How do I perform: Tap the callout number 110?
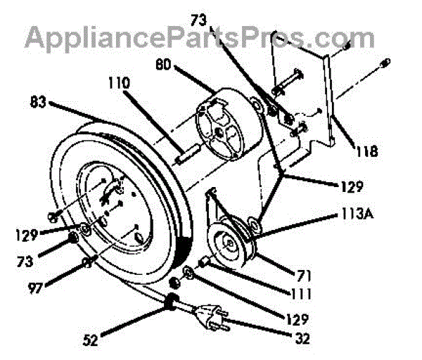pyautogui.click(x=119, y=83)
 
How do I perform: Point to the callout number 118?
pyautogui.click(x=367, y=150)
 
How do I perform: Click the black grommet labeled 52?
pyautogui.click(x=171, y=304)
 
